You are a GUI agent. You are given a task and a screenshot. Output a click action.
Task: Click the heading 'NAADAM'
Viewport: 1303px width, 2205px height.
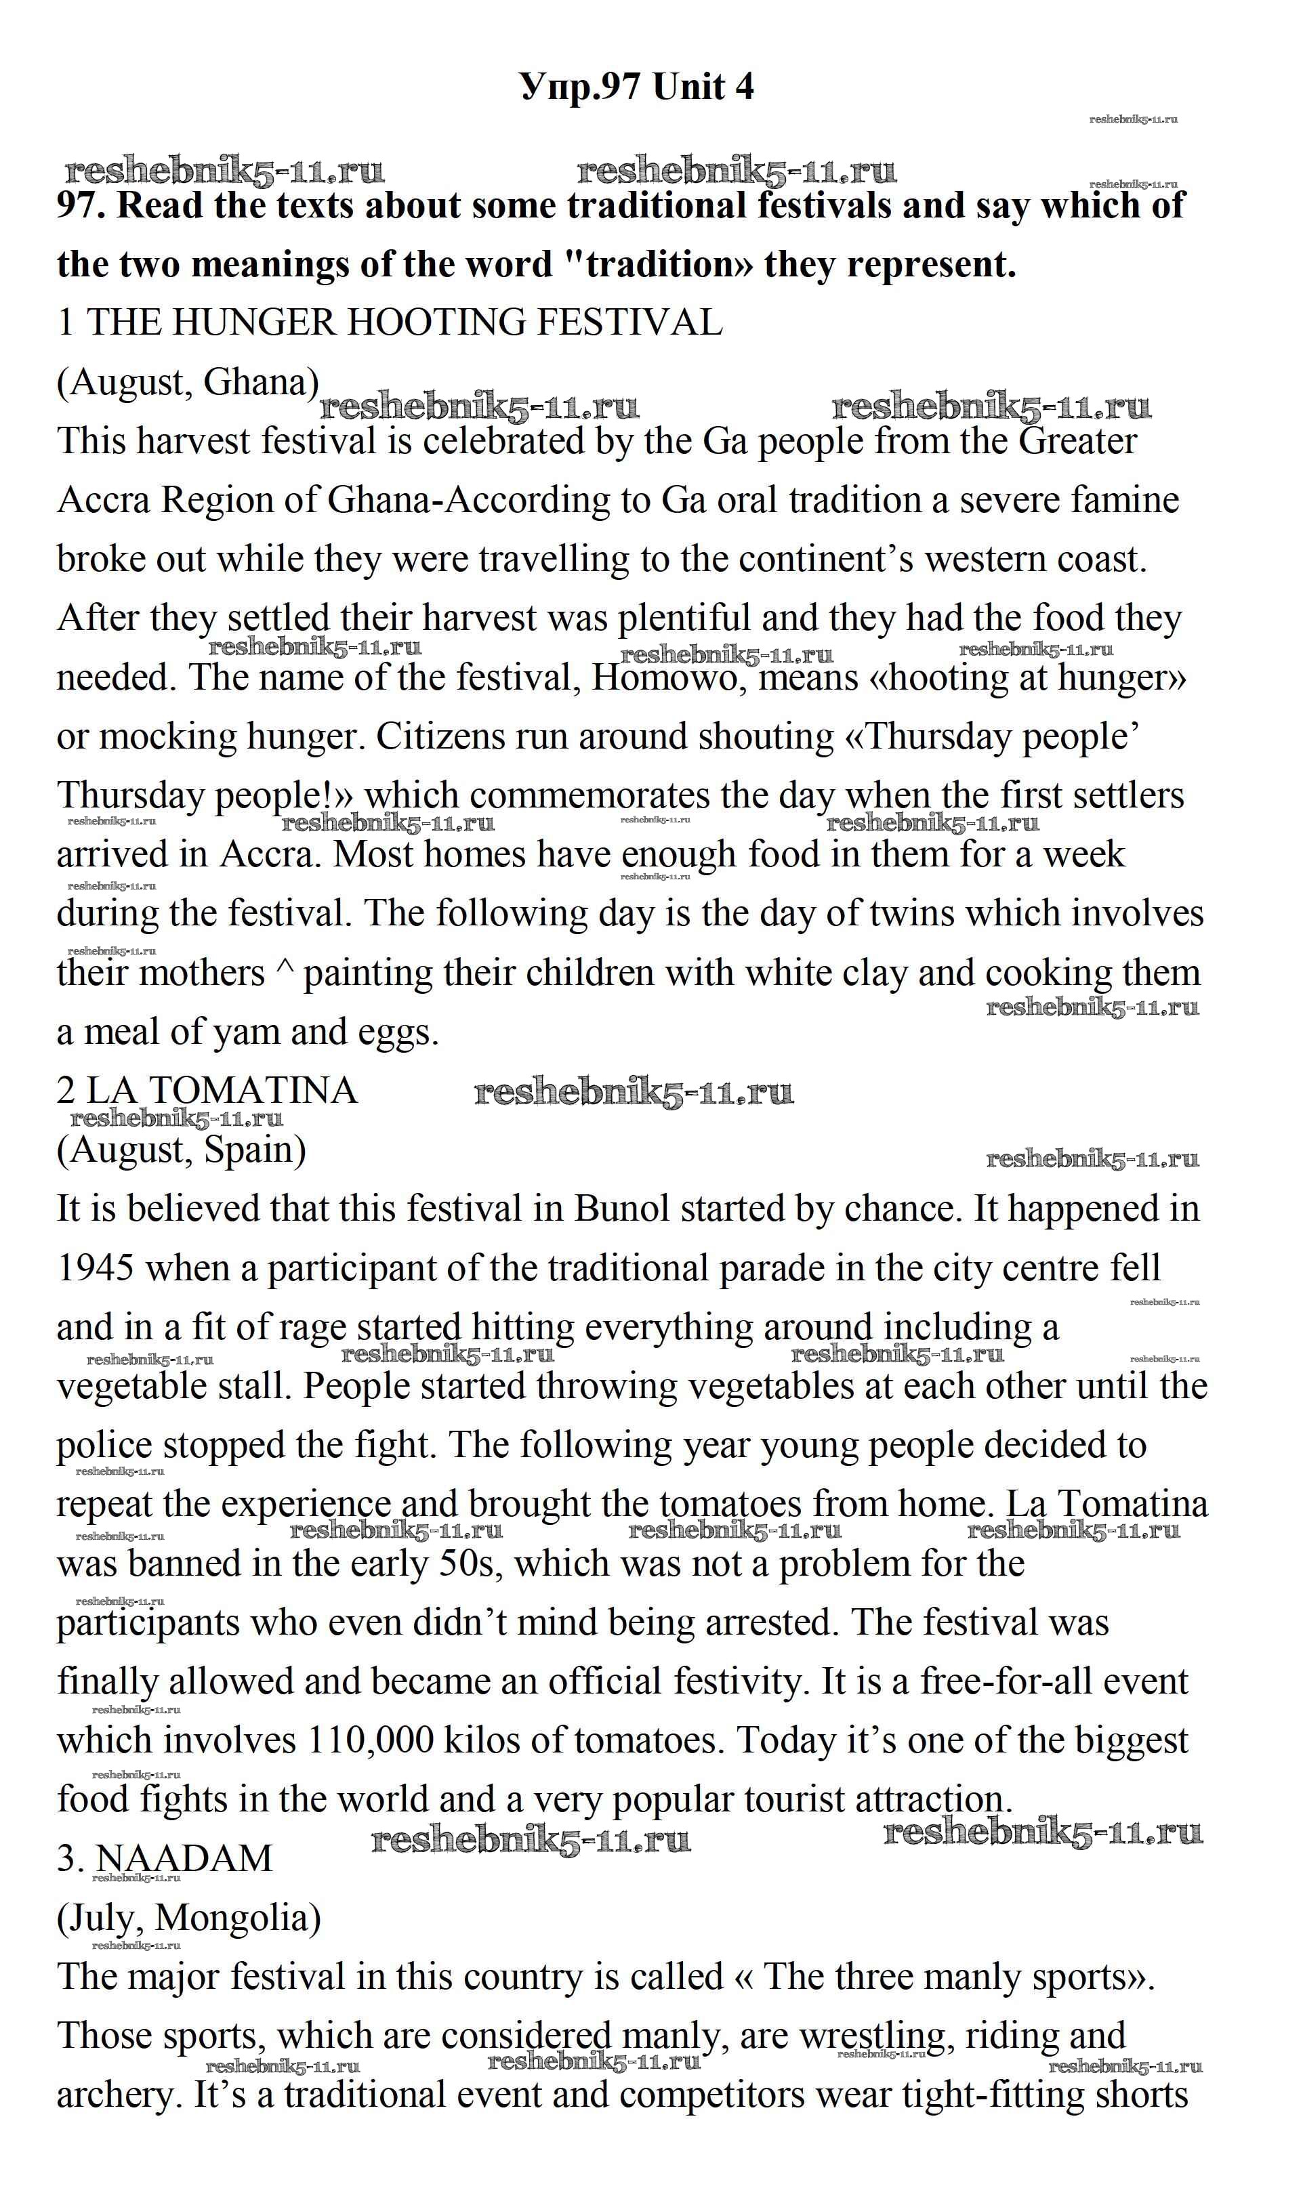pyautogui.click(x=184, y=1859)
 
